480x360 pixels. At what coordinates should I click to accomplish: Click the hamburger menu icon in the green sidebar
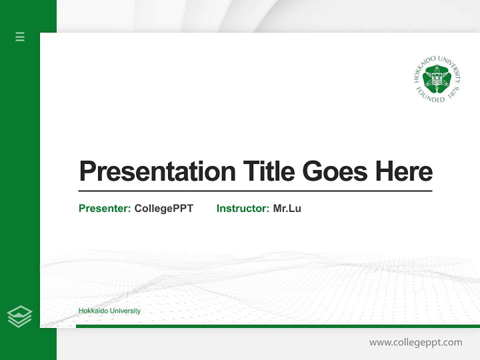(x=20, y=36)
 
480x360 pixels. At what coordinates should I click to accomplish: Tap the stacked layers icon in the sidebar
(x=19, y=316)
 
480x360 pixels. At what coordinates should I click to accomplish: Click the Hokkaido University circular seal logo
(x=437, y=79)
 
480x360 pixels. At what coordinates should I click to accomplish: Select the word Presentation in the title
(x=157, y=171)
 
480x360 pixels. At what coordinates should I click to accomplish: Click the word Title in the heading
(x=269, y=171)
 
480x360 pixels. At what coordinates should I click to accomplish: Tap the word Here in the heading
(x=404, y=171)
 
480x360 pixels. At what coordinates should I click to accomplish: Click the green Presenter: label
(x=104, y=208)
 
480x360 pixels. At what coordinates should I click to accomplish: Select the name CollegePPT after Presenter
(x=163, y=208)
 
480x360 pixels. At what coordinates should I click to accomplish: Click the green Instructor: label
(x=242, y=208)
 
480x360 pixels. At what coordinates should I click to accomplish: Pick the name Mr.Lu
(x=287, y=208)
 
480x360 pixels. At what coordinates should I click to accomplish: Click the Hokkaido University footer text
(x=109, y=311)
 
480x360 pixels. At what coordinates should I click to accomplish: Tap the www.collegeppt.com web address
(x=415, y=342)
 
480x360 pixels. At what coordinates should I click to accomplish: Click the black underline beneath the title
(x=255, y=190)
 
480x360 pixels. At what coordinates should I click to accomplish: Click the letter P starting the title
(x=87, y=171)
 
